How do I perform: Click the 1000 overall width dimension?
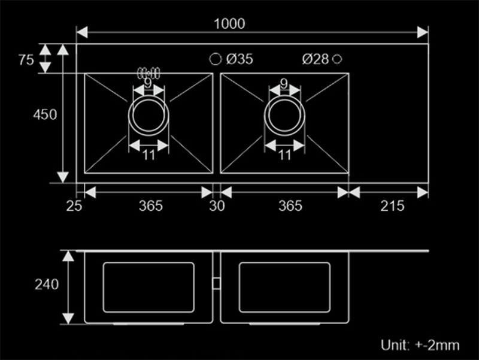coord(229,24)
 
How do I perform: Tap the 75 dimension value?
coord(26,59)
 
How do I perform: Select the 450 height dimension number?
coord(45,114)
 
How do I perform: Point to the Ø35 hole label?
coord(239,59)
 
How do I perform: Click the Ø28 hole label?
coord(316,59)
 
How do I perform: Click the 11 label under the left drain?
coord(148,155)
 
